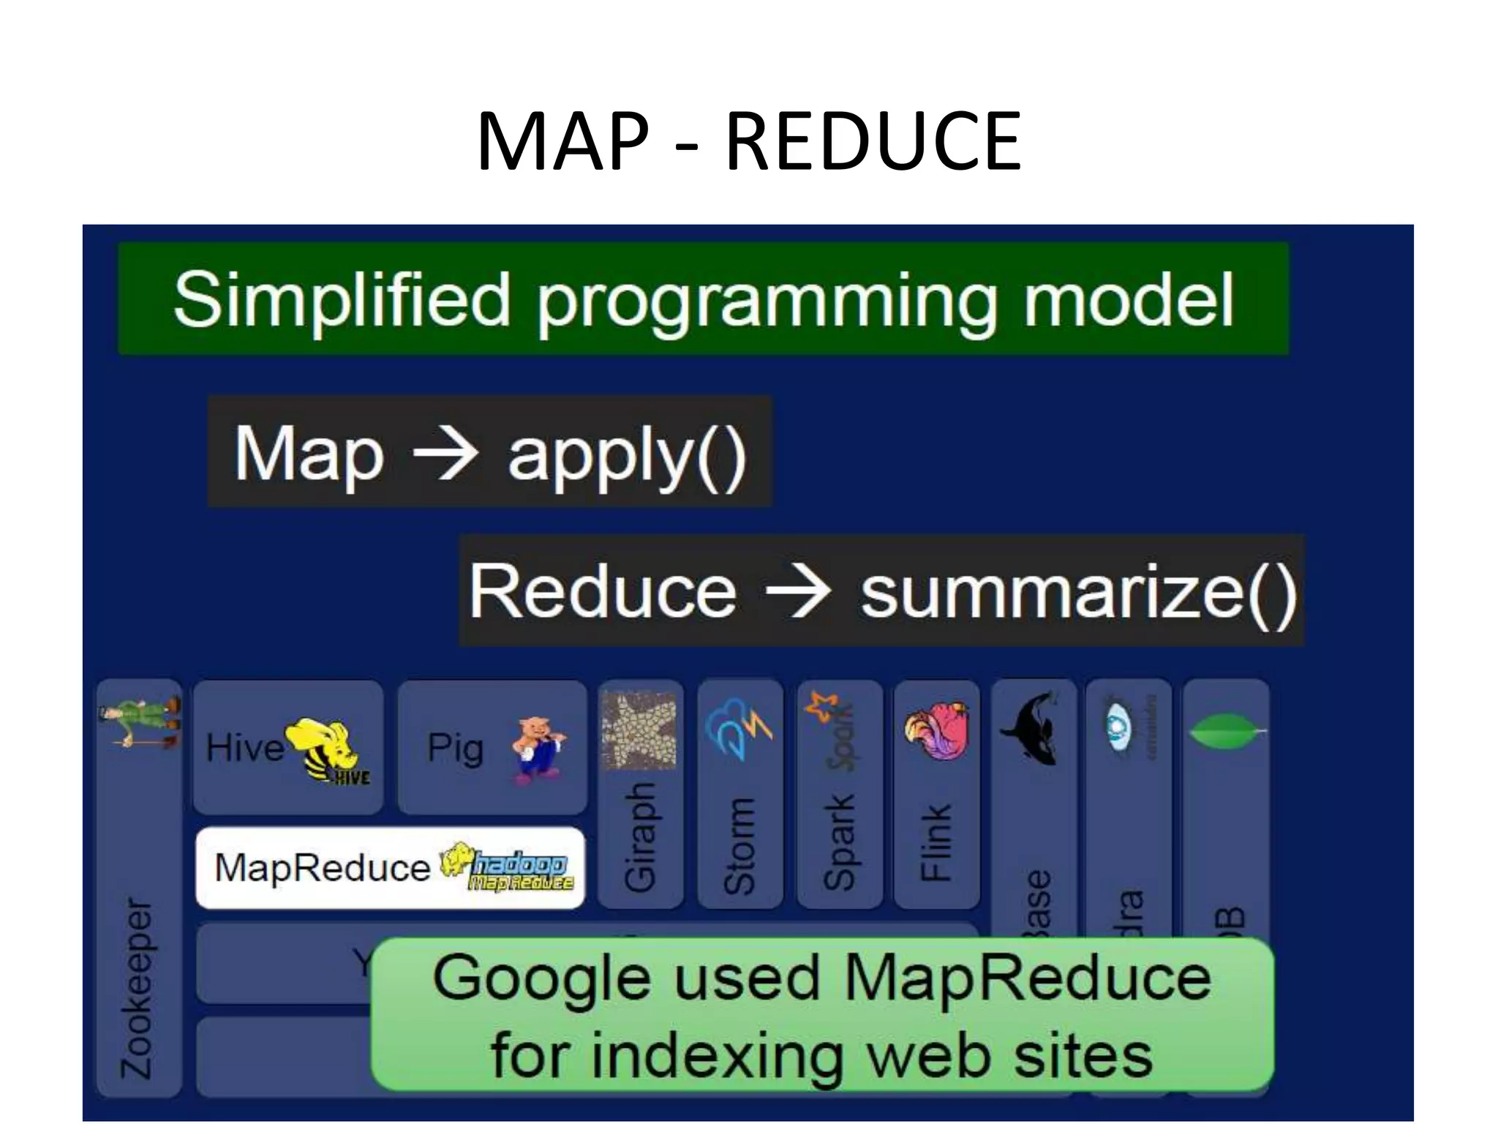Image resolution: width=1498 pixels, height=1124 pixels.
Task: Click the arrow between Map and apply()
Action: pos(446,454)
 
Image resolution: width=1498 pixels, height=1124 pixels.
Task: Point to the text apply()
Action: pos(627,455)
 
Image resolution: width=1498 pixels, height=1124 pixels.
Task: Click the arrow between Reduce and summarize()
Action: pos(797,591)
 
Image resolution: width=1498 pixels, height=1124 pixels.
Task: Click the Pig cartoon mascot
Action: pos(538,749)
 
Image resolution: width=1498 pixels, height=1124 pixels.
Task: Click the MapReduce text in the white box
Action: pos(322,868)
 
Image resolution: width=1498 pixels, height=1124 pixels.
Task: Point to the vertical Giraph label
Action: pos(640,839)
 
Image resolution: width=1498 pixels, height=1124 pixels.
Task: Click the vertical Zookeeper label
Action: pos(137,988)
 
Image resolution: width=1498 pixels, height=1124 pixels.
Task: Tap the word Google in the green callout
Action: pos(541,979)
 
